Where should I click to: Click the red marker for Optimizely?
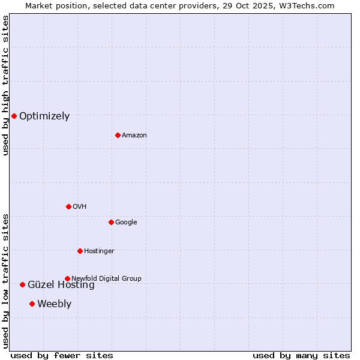(x=14, y=116)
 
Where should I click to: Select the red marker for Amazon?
(x=118, y=135)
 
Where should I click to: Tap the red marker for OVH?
(x=68, y=206)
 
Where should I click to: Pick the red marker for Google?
(x=111, y=222)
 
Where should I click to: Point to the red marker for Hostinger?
(x=80, y=251)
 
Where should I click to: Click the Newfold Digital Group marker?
(x=67, y=278)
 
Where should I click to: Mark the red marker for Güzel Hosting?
(x=22, y=284)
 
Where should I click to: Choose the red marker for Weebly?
(x=32, y=304)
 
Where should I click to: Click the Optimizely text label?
(x=44, y=116)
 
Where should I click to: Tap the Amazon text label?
(x=134, y=136)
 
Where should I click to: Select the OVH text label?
(x=80, y=207)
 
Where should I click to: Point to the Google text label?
(x=126, y=223)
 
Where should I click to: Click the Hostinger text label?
(x=99, y=251)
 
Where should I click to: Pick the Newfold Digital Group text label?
(x=107, y=278)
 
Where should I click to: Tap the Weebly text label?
(x=54, y=304)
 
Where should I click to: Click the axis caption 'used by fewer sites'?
(x=62, y=355)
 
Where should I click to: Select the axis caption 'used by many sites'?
(x=301, y=355)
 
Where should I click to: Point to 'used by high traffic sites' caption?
(x=6, y=86)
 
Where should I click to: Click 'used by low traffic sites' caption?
(x=6, y=281)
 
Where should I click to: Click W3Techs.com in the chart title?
(x=307, y=5)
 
